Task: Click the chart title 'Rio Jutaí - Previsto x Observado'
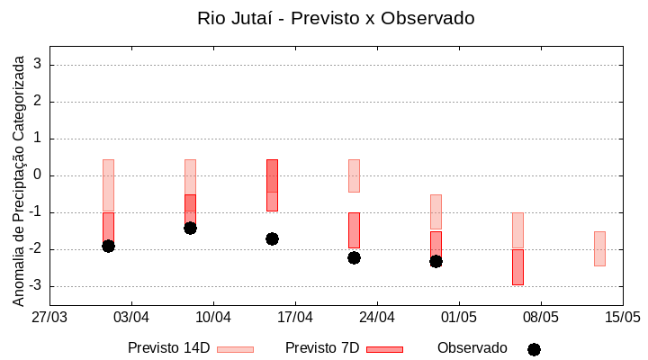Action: point(336,18)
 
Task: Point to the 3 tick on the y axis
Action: point(38,65)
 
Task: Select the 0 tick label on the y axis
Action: point(38,175)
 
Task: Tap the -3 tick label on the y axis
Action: point(34,286)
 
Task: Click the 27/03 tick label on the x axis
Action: point(49,317)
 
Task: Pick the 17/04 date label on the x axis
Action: point(295,317)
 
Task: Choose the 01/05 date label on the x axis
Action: point(459,317)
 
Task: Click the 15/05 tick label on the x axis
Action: point(622,317)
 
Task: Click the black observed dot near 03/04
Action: point(108,246)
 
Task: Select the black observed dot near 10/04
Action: point(190,228)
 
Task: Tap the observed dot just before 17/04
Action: point(272,238)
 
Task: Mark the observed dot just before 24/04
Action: point(354,257)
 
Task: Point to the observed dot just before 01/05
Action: point(436,261)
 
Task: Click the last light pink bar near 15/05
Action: point(599,248)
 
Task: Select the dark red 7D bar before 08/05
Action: point(517,267)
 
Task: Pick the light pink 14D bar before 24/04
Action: point(354,175)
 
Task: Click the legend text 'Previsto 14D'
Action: point(168,348)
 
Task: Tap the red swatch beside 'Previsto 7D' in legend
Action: point(384,349)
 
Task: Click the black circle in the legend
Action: point(534,349)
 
